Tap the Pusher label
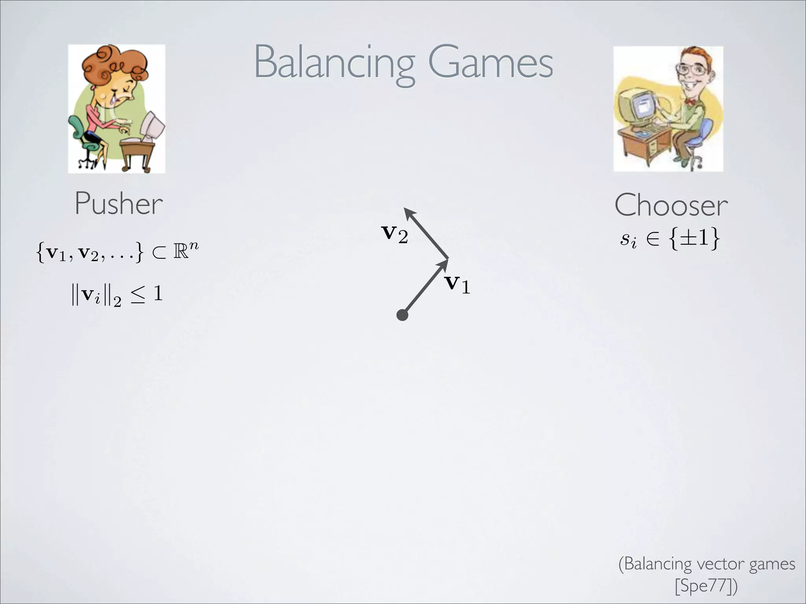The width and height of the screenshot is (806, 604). pos(118,204)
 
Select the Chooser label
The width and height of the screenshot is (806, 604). pos(671,205)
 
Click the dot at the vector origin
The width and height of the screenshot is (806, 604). pos(402,315)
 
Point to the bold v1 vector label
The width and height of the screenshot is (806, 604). pos(457,284)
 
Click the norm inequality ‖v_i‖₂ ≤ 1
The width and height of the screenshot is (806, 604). pos(117,295)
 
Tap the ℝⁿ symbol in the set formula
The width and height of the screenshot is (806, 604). pos(185,251)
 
